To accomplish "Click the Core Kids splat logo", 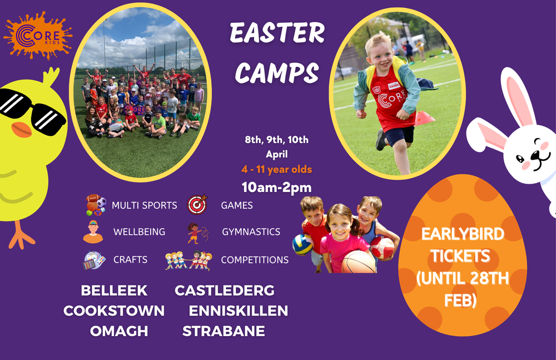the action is pyautogui.click(x=38, y=36).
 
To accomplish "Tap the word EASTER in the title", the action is pyautogui.click(x=277, y=33).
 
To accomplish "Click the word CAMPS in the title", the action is pyautogui.click(x=277, y=73).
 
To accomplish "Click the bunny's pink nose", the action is pyautogui.click(x=535, y=155).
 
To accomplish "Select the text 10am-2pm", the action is pyautogui.click(x=276, y=188).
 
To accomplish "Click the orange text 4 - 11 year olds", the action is pyautogui.click(x=276, y=169).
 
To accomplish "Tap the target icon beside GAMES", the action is pyautogui.click(x=197, y=205).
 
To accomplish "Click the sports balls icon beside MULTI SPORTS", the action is pyautogui.click(x=96, y=205).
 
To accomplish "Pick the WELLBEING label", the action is pyautogui.click(x=139, y=232).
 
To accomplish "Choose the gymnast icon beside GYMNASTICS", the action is pyautogui.click(x=197, y=233).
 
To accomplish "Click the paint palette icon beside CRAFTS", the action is pyautogui.click(x=95, y=260).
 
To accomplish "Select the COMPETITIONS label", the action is pyautogui.click(x=255, y=260).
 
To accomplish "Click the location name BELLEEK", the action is pyautogui.click(x=114, y=290).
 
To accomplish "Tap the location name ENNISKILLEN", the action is pyautogui.click(x=239, y=311).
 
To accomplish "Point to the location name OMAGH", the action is pyautogui.click(x=119, y=331).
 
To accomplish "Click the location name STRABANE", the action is pyautogui.click(x=224, y=331).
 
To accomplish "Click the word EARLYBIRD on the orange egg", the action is pyautogui.click(x=463, y=234).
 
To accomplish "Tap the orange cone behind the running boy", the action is pyautogui.click(x=424, y=118).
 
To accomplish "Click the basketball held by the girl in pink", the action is pyautogui.click(x=359, y=262).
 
